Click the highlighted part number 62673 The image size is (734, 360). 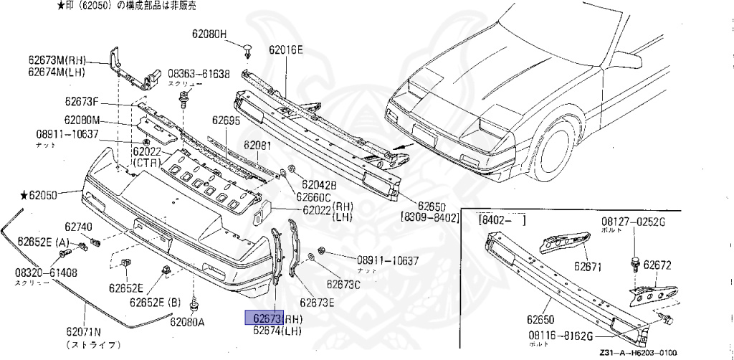pos(264,318)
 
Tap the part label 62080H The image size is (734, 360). pos(209,34)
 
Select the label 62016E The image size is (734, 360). pos(286,50)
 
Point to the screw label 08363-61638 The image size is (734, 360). pos(199,74)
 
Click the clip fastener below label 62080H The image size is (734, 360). pos(247,50)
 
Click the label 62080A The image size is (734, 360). pos(187,321)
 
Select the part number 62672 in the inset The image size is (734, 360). pos(657,265)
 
